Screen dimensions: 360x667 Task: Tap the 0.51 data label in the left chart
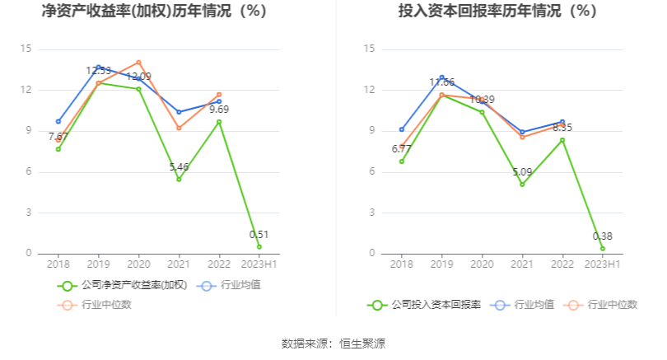pos(259,234)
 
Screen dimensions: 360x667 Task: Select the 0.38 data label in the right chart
pos(603,236)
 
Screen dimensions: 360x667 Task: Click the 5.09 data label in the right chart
pos(522,172)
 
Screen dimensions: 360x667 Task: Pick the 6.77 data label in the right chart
pos(402,149)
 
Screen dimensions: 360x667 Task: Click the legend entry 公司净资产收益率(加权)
pos(124,285)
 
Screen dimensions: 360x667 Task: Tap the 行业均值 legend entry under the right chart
pos(524,305)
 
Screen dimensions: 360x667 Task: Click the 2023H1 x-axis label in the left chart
pos(259,264)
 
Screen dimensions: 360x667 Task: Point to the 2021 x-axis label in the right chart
pos(522,264)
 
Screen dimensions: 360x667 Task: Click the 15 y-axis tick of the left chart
pos(26,49)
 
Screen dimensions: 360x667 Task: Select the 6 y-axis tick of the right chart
pos(372,172)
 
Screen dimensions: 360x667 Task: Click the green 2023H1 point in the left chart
pos(259,246)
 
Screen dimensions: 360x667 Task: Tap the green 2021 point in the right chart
pos(522,185)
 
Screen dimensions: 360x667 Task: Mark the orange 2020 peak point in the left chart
pos(138,63)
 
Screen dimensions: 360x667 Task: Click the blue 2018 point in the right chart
pos(402,129)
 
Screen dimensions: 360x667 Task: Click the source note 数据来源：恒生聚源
pos(333,344)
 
